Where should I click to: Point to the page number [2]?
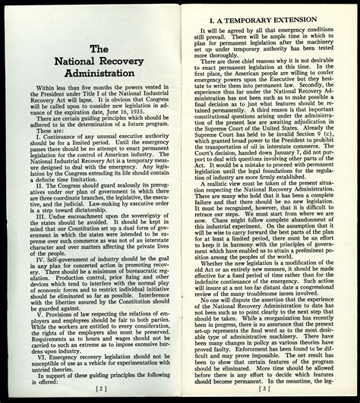[97, 387]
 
